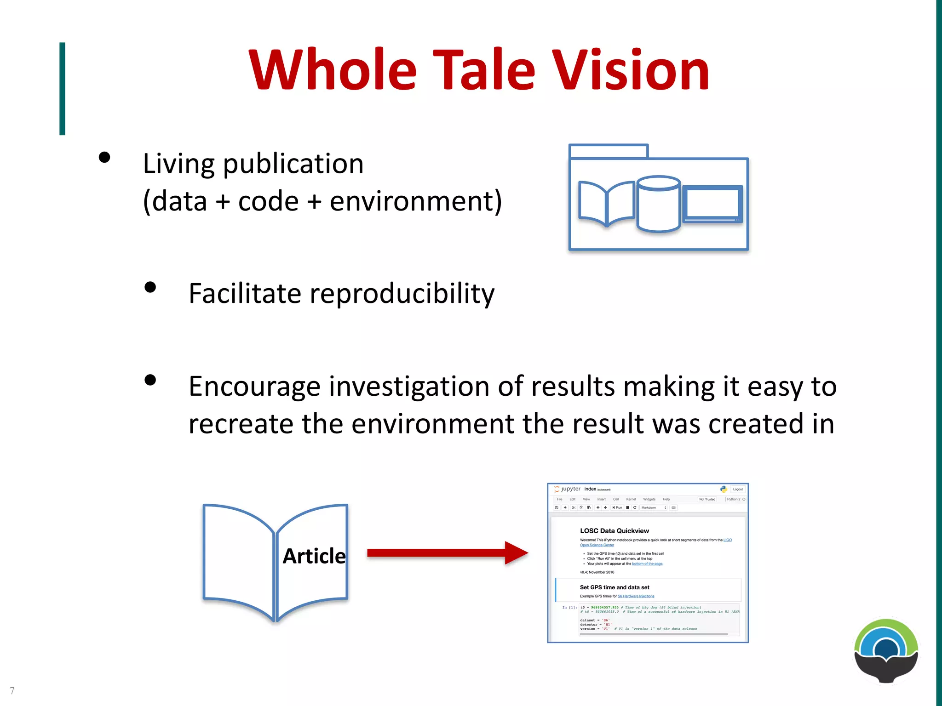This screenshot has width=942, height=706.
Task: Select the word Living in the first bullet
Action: (178, 165)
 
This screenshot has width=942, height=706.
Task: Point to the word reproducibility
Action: (402, 294)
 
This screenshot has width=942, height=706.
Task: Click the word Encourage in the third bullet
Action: (254, 387)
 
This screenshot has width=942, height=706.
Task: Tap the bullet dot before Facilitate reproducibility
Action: (150, 287)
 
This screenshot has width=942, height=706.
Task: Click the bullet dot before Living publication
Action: (104, 158)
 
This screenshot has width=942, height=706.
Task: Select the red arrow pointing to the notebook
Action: (446, 553)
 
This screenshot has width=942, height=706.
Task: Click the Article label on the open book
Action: (314, 556)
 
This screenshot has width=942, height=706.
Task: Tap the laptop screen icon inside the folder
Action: (712, 203)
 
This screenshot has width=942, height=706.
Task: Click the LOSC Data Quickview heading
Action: (614, 531)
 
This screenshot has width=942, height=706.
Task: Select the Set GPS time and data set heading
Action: (615, 587)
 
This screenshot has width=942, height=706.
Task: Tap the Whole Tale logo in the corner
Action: (886, 651)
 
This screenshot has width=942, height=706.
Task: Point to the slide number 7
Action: (12, 691)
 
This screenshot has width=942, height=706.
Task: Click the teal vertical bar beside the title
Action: (62, 89)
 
